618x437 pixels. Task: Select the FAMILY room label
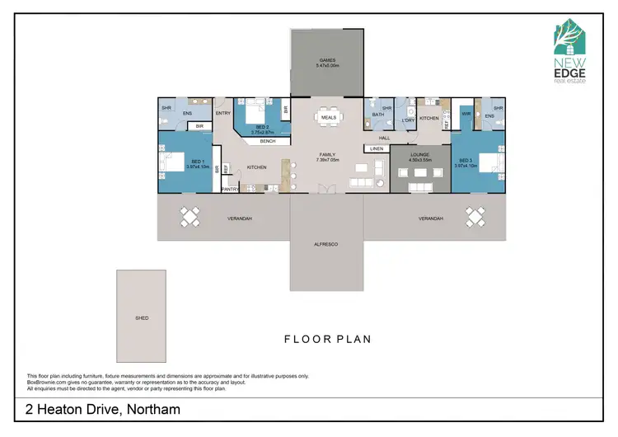click(x=327, y=154)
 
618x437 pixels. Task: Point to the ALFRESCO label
click(x=327, y=245)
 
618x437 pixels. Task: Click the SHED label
click(x=142, y=317)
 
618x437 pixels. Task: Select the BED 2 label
click(x=260, y=129)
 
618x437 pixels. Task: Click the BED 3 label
click(x=465, y=161)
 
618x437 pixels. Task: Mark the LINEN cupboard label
click(x=377, y=148)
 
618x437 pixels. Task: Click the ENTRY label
click(x=222, y=114)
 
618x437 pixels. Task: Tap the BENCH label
click(x=268, y=141)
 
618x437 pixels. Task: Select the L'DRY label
click(x=406, y=121)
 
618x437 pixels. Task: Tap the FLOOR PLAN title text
click(x=327, y=339)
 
